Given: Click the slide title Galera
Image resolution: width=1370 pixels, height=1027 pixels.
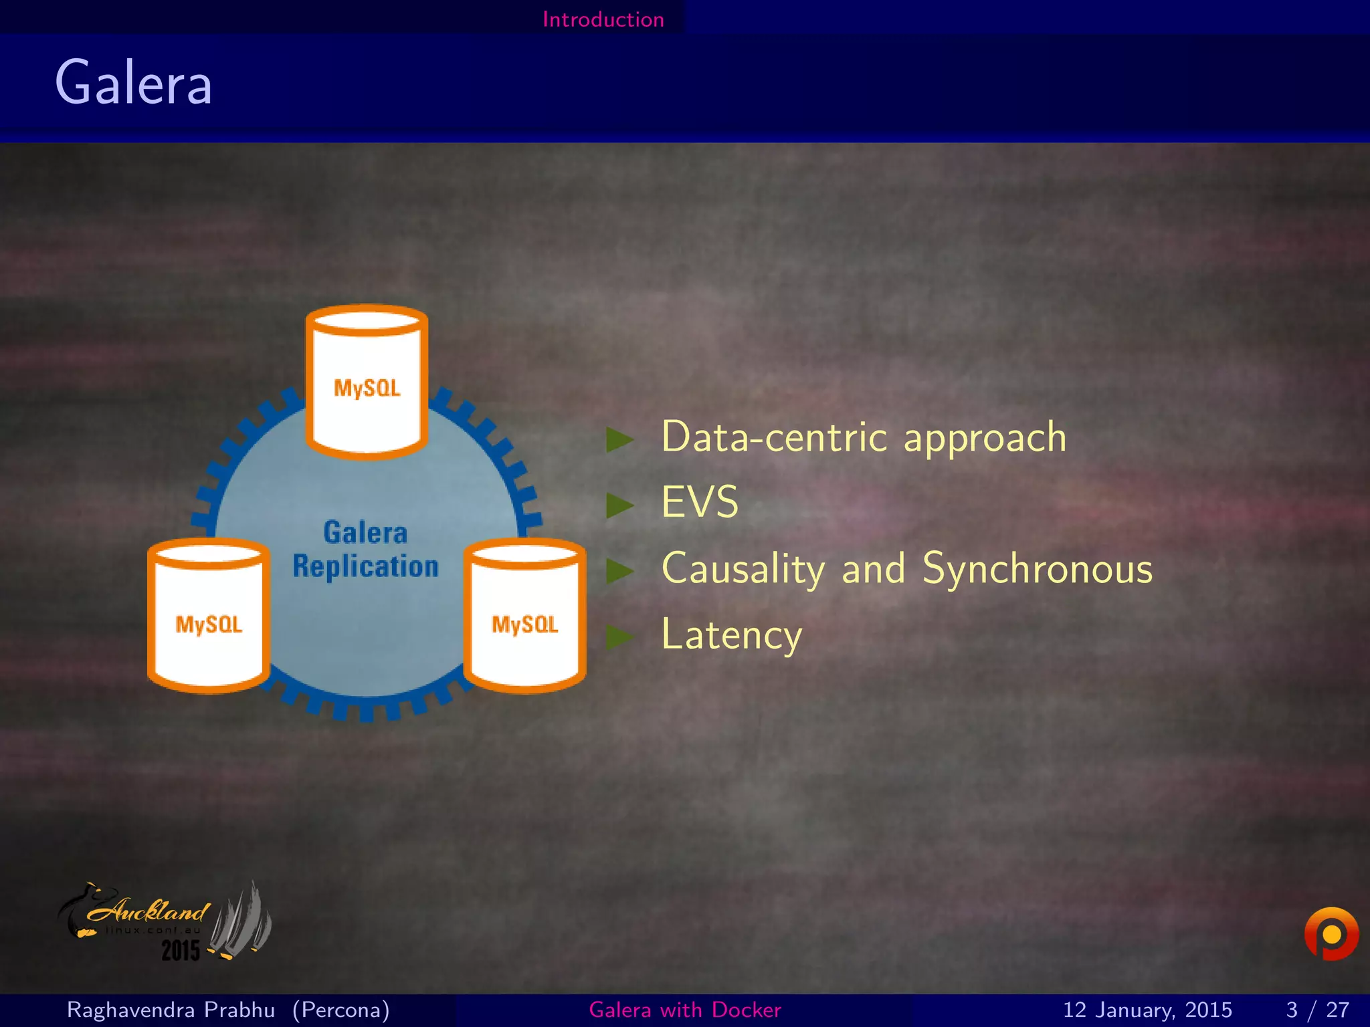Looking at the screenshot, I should (133, 83).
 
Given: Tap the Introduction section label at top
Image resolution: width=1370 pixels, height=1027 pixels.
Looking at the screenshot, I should (603, 19).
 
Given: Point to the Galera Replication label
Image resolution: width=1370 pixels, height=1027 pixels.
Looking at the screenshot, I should (365, 550).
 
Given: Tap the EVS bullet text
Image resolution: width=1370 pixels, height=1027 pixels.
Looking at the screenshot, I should (700, 502).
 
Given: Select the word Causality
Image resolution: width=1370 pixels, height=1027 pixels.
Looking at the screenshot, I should (743, 569).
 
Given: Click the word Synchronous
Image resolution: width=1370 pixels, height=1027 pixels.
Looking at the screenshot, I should (1038, 569).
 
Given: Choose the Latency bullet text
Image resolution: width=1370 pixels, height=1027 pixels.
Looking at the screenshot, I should (731, 635).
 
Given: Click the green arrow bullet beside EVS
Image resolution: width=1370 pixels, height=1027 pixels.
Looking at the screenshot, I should (619, 505).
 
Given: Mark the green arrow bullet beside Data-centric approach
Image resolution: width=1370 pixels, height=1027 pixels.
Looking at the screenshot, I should (619, 439).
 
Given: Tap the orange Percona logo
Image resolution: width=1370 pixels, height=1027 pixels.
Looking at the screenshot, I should (1331, 933).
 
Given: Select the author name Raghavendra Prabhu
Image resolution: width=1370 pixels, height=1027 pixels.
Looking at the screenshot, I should (171, 1010).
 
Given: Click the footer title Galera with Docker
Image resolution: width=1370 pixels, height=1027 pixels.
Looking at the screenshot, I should (685, 1010).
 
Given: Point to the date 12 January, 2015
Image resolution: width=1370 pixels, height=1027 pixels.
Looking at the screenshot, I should (1147, 1010).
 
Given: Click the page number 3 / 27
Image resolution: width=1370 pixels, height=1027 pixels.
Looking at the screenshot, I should (1317, 1010).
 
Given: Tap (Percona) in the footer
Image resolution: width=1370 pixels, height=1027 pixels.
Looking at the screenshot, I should (341, 1010).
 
